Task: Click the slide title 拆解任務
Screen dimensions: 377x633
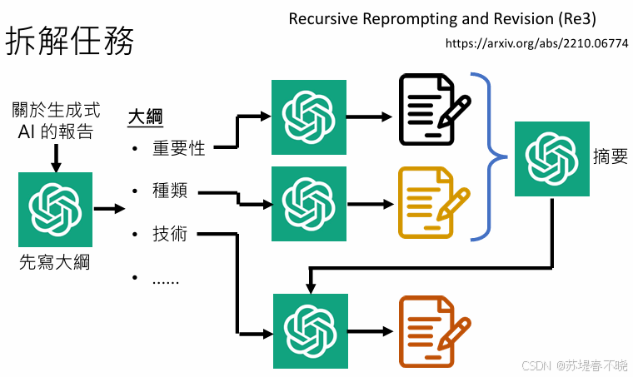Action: pos(70,39)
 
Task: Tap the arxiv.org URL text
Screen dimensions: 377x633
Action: pos(537,42)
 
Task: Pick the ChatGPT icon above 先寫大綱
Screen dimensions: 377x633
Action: pos(55,210)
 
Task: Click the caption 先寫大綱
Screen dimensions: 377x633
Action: pos(55,264)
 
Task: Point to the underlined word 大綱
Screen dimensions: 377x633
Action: pos(145,118)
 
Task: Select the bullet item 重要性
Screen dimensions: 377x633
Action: pos(178,150)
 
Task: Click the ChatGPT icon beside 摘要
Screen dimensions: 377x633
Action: pos(551,158)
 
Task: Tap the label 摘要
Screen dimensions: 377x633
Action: pos(610,157)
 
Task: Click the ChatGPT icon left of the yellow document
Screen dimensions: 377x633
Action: pos(309,202)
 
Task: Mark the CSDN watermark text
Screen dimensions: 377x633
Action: pos(575,365)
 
